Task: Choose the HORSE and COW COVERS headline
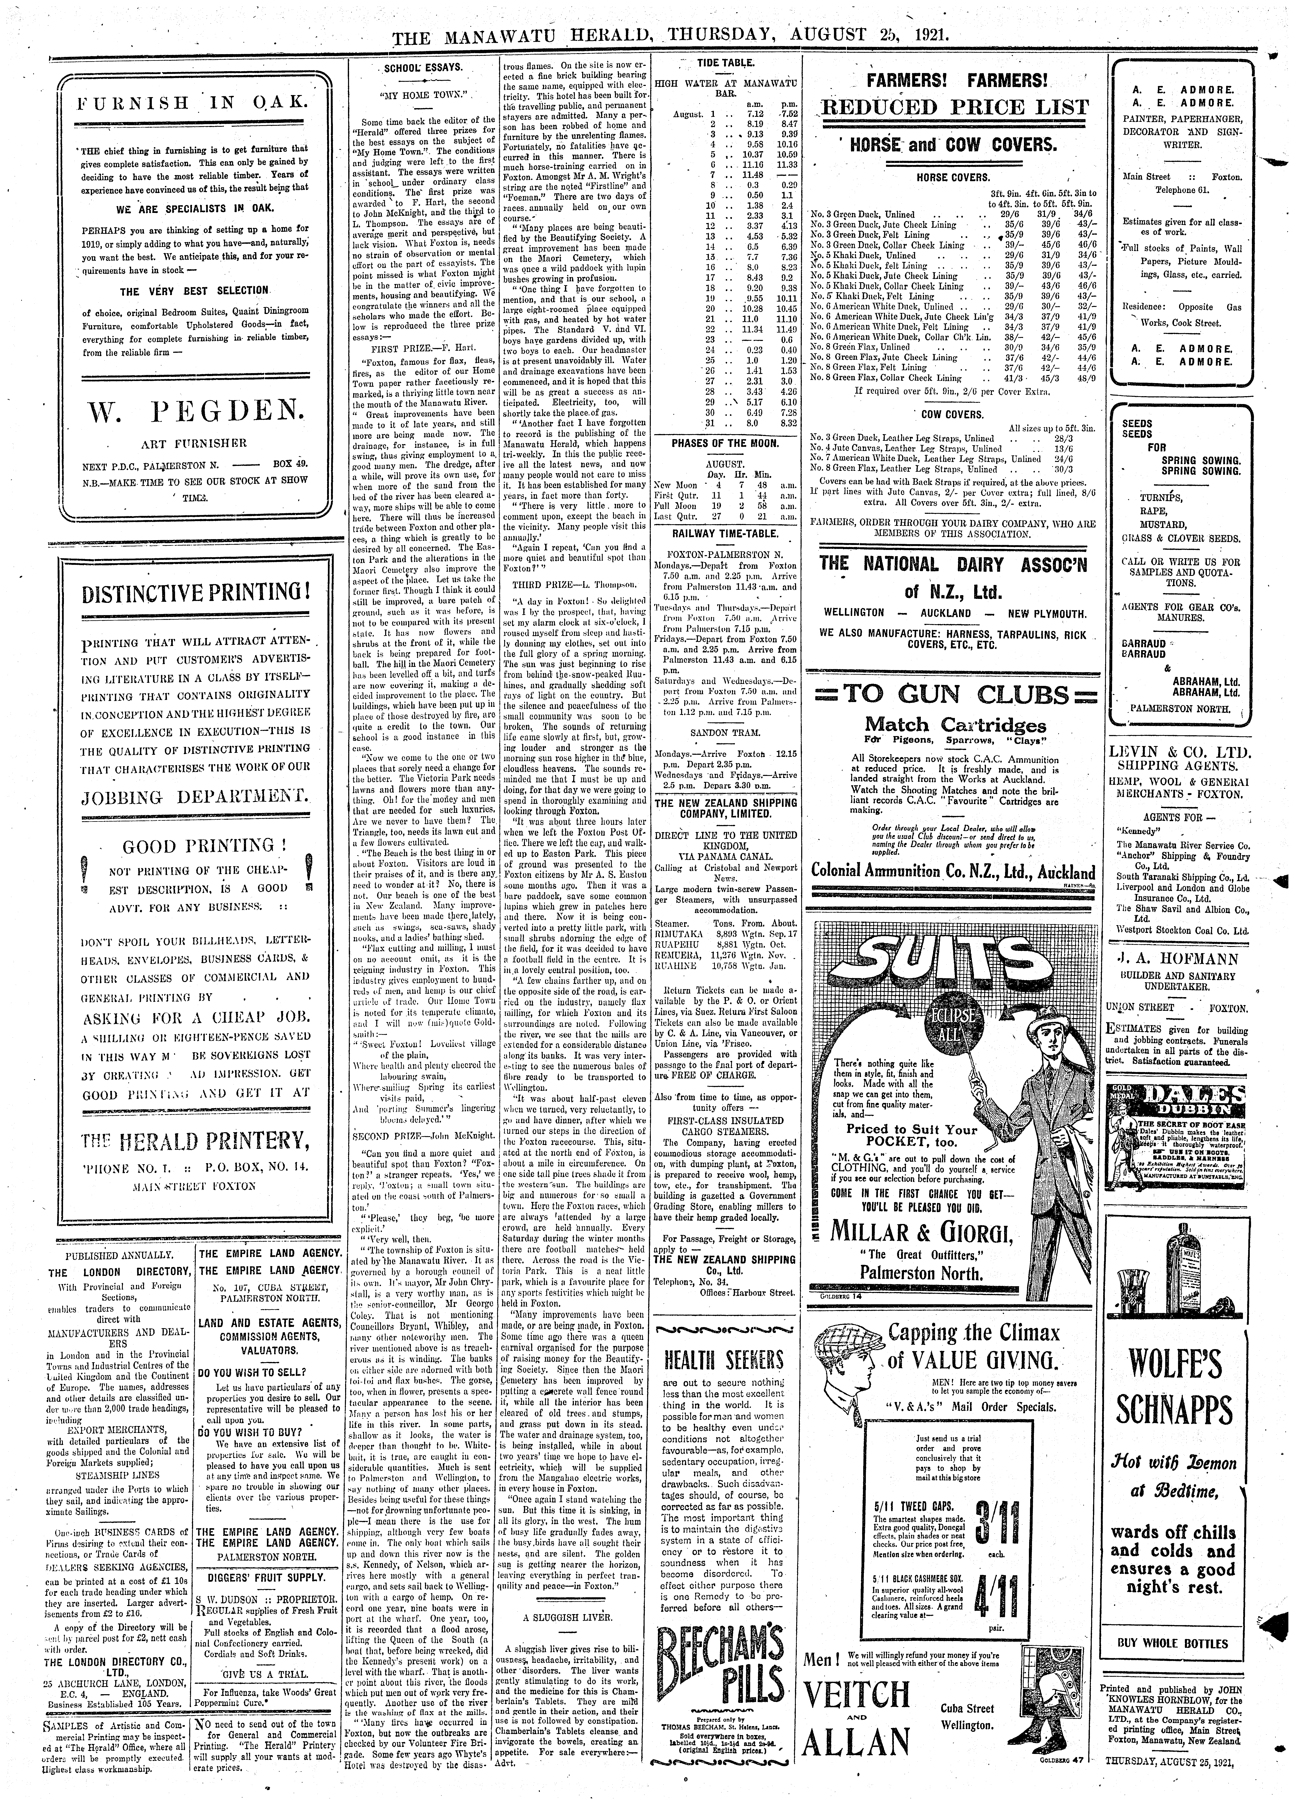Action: (x=951, y=145)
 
